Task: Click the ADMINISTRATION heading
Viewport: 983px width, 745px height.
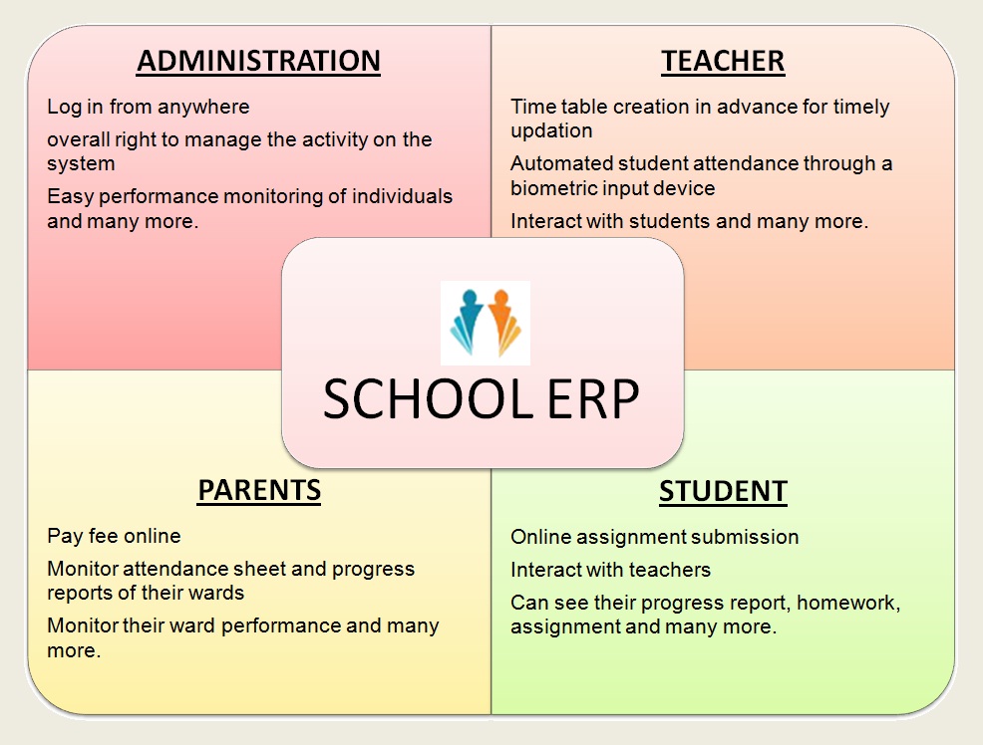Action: point(258,62)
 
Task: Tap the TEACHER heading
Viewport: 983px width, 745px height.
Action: point(723,62)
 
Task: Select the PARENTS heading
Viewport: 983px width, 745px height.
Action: point(259,490)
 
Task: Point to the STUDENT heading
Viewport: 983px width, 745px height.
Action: point(723,491)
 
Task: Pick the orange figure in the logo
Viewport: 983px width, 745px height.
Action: point(503,322)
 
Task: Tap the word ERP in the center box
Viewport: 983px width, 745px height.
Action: point(593,398)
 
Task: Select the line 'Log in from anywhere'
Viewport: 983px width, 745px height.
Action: point(148,107)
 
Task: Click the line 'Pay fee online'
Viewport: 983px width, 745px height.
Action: point(114,536)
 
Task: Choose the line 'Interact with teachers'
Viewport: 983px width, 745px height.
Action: point(610,570)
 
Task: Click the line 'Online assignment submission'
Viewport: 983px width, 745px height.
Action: point(654,537)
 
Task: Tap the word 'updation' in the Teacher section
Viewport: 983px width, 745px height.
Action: point(551,131)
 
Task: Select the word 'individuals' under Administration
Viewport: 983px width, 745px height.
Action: point(402,196)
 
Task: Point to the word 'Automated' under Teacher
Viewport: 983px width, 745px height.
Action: point(561,163)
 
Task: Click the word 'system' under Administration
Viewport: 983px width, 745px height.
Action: point(81,164)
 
